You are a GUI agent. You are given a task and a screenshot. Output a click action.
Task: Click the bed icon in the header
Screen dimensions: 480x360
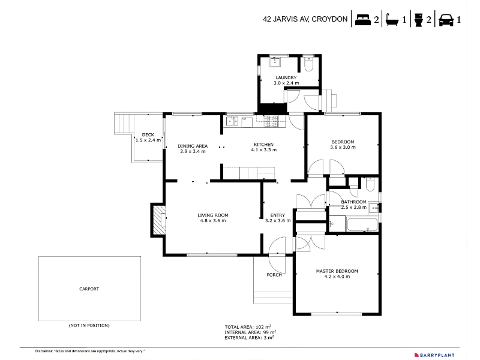coord(363,20)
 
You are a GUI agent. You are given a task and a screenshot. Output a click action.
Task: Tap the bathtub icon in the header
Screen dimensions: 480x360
coord(392,20)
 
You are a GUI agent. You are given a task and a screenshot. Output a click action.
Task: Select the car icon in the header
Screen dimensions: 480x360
coord(446,20)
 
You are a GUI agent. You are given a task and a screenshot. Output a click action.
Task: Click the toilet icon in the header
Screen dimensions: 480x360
coord(418,20)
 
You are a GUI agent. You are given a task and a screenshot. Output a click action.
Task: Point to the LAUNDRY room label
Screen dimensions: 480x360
coord(286,78)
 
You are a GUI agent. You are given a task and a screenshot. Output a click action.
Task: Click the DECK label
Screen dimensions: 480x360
coord(148,134)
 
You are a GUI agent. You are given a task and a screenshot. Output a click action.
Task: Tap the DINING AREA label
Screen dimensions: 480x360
coord(193,146)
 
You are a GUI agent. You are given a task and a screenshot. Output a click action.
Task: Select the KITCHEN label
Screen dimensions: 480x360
coord(263,145)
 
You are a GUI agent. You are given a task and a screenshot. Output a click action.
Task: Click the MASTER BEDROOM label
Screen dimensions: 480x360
coord(337,271)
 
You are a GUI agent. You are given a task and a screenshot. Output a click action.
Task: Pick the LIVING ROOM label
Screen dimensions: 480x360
coord(213,215)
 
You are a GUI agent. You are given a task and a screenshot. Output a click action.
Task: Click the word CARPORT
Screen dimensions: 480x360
coord(89,289)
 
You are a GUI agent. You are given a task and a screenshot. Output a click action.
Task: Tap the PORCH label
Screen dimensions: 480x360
coord(274,275)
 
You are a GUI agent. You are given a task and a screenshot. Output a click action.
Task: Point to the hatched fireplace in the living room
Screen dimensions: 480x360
coord(159,220)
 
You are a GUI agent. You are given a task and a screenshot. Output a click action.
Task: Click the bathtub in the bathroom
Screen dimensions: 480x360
coord(362,224)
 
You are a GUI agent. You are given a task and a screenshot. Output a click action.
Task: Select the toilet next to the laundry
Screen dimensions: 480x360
coord(308,64)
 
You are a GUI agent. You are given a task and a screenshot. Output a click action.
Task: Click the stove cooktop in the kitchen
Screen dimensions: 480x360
coord(271,121)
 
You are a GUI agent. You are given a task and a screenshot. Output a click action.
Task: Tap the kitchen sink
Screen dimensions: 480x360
coord(232,121)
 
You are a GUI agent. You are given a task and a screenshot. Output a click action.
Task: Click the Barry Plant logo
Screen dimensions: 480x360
coord(434,355)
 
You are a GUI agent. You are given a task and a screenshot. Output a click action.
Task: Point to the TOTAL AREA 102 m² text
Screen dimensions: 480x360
coord(248,327)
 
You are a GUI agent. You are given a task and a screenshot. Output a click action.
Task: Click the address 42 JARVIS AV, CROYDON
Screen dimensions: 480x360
coord(305,19)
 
